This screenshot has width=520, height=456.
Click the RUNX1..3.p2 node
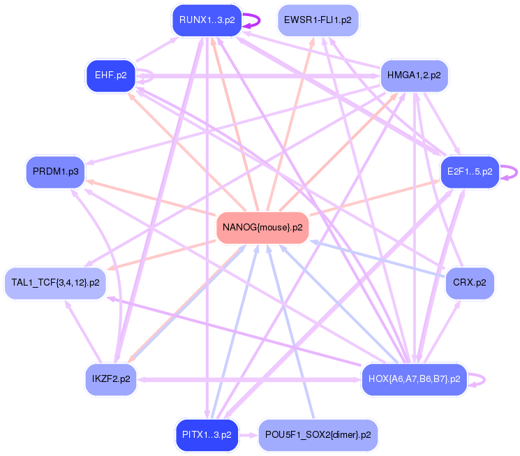click(207, 20)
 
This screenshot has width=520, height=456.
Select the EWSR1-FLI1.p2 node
click(318, 20)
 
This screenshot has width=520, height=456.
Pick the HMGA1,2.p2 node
click(414, 75)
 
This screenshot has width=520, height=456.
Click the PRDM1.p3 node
click(54, 171)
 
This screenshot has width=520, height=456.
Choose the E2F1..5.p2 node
click(469, 171)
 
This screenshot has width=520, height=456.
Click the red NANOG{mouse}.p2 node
click(262, 228)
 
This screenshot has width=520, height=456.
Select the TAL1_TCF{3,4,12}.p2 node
click(55, 283)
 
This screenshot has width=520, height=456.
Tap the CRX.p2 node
click(469, 283)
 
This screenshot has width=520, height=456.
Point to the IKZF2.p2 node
click(110, 379)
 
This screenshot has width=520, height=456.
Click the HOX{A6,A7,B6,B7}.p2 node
click(414, 379)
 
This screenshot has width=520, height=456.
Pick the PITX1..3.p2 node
click(207, 434)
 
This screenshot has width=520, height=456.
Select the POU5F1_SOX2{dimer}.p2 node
click(318, 434)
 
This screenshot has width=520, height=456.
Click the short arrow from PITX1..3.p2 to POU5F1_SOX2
click(248, 434)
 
